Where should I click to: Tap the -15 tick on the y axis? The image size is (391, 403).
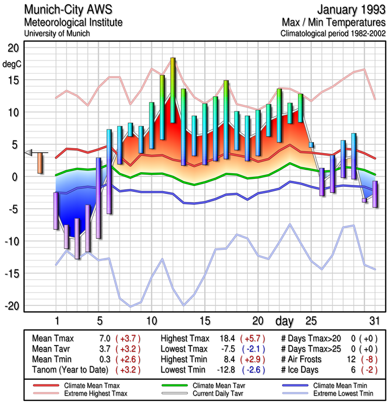coord(11,274)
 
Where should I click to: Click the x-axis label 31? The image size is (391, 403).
coord(374,321)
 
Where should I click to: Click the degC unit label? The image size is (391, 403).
coord(11,64)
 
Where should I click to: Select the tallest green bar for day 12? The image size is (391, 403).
coord(173,91)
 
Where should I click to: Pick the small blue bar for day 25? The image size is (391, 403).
coord(311,145)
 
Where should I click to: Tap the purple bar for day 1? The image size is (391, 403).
coord(56,211)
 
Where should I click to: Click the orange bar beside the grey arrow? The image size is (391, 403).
coord(40,163)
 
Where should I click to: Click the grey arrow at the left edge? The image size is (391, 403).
coord(29,153)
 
